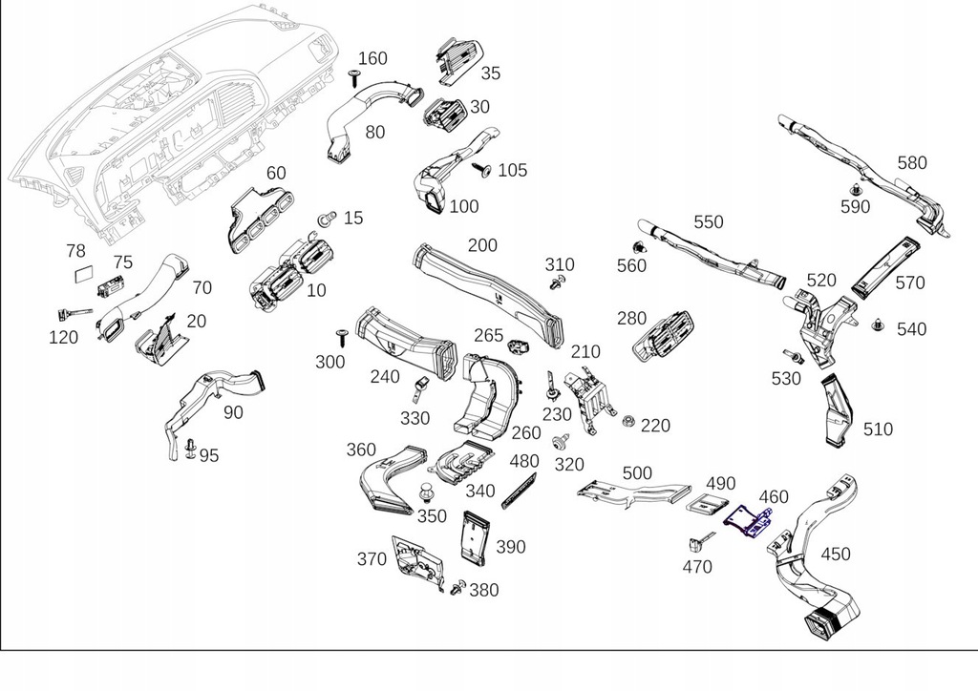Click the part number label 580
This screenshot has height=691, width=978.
click(x=911, y=162)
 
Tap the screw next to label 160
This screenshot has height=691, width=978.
click(x=353, y=78)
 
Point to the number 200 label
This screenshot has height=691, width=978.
click(x=482, y=245)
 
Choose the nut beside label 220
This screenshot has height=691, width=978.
click(x=627, y=421)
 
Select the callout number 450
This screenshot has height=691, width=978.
click(x=835, y=555)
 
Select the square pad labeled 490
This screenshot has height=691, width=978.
click(x=712, y=508)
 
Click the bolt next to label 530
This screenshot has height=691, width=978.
click(x=790, y=356)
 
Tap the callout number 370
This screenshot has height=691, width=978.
click(x=372, y=559)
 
